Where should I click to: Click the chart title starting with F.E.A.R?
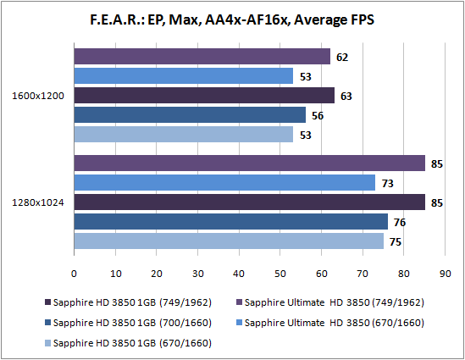[x=232, y=19]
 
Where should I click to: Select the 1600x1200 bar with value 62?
[x=202, y=57]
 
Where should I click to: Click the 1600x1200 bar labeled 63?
[x=204, y=96]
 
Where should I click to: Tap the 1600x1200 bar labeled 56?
[x=190, y=114]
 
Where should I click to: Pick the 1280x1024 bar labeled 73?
[x=224, y=182]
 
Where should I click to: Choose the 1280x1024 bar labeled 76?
[x=230, y=222]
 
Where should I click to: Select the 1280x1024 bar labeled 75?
[x=229, y=241]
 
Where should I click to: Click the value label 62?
[x=342, y=58]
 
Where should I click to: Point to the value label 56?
[x=318, y=116]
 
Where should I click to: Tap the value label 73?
[x=387, y=184]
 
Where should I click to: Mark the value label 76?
[x=400, y=223]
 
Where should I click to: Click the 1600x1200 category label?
[x=38, y=96]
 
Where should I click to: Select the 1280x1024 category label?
[x=38, y=202]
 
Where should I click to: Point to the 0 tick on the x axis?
[x=74, y=274]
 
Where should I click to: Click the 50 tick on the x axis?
[x=280, y=274]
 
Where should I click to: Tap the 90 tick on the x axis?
[x=445, y=274]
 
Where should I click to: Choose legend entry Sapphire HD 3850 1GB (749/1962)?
[x=128, y=302]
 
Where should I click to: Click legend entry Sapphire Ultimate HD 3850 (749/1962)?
[x=330, y=302]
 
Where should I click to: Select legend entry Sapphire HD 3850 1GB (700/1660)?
[x=128, y=323]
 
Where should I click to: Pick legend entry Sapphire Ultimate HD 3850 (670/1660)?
[x=330, y=323]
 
